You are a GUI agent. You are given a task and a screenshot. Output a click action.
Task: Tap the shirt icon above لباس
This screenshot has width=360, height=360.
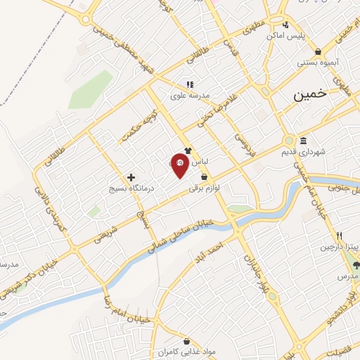point(188,150)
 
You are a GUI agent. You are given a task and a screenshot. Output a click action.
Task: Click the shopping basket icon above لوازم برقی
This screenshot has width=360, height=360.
point(204,177)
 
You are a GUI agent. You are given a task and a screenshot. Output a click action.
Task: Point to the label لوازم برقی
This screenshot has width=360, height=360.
point(204,188)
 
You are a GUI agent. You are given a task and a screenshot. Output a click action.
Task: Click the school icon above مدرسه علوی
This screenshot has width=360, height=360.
point(189,83)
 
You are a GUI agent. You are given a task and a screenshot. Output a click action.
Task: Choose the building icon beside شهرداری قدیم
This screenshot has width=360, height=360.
point(303,140)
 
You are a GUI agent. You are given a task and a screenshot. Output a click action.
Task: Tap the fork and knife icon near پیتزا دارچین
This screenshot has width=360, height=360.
point(339,235)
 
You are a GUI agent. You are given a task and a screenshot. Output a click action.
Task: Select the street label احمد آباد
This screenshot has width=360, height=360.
point(211,250)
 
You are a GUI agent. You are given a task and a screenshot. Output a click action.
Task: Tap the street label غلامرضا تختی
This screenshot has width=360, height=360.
point(213,112)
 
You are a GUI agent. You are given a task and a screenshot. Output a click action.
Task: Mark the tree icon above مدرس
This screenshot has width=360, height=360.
point(356,265)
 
